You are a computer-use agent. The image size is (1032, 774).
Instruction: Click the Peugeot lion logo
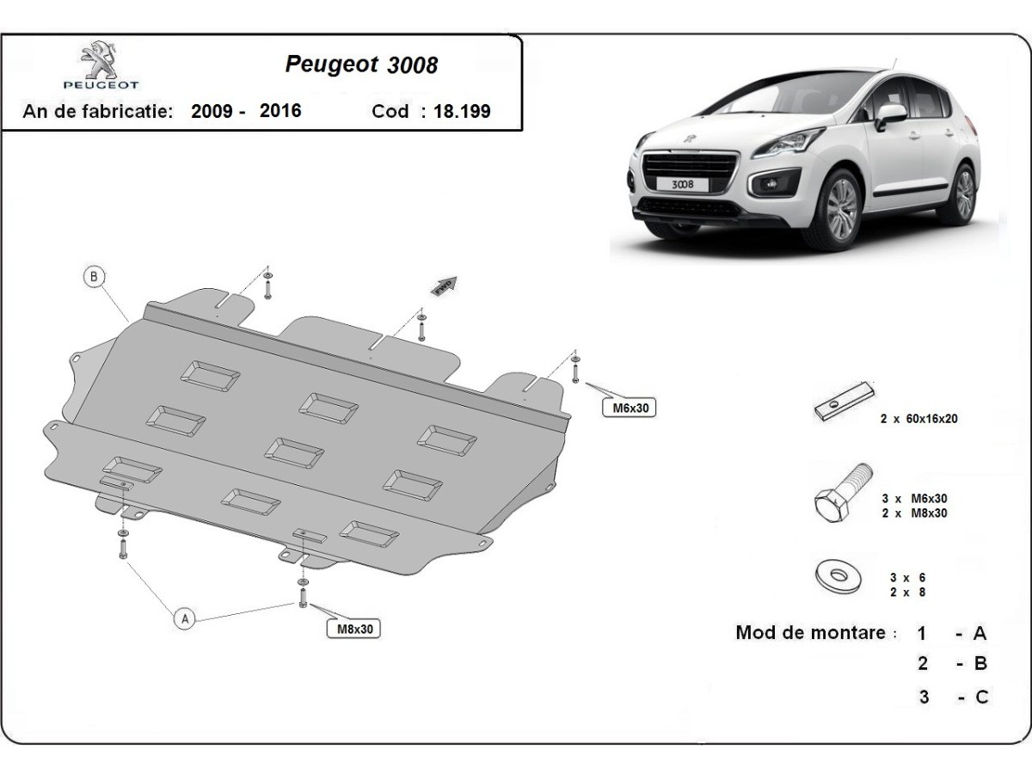[101, 61]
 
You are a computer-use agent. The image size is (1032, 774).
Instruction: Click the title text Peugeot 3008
[360, 64]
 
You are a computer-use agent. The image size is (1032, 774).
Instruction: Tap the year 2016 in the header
[280, 111]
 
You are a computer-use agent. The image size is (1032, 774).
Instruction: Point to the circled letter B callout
[95, 276]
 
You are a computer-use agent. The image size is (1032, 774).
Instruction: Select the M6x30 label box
[629, 408]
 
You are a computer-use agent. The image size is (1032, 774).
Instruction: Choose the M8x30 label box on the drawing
[353, 629]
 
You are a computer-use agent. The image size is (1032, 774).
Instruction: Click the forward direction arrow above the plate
[445, 286]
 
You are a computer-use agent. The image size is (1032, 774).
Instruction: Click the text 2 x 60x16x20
[918, 419]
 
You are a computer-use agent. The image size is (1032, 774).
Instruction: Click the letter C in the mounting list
[981, 697]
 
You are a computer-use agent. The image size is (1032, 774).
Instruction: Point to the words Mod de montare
[810, 633]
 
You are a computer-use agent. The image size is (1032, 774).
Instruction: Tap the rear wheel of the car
[965, 193]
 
